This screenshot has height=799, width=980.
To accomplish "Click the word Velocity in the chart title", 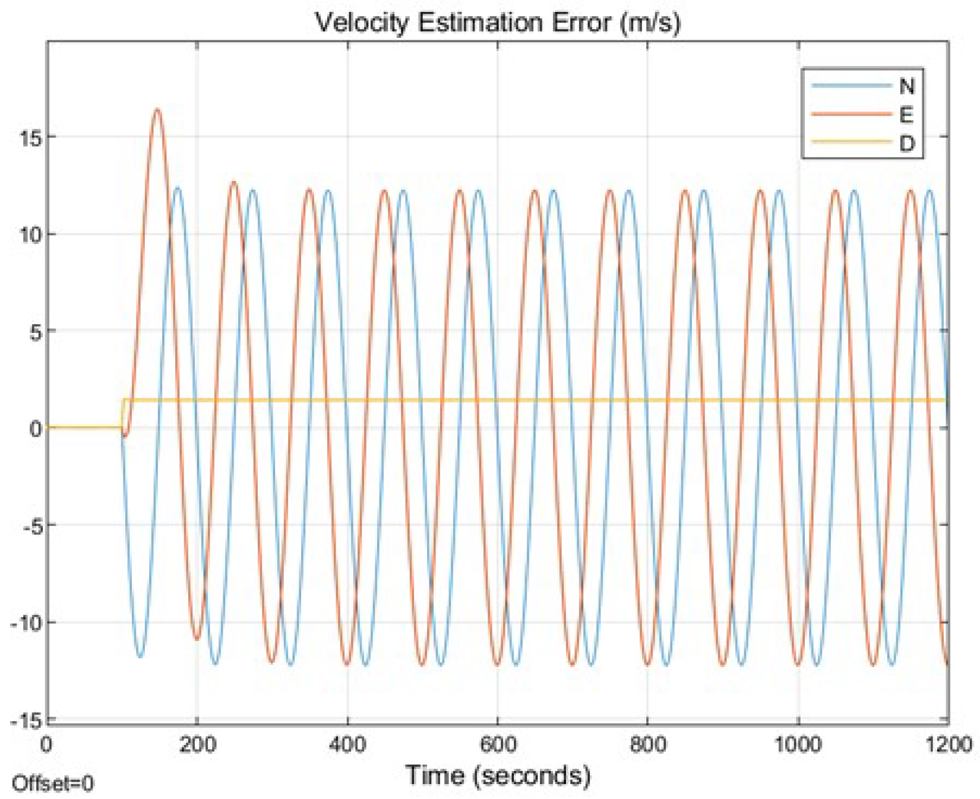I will click(x=362, y=23).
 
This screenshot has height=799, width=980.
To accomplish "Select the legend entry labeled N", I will click(x=906, y=87).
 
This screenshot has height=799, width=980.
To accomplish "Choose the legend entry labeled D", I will click(x=906, y=143).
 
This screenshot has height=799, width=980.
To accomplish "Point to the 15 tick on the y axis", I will click(x=30, y=138).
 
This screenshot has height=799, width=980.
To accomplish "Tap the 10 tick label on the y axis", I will click(x=30, y=235).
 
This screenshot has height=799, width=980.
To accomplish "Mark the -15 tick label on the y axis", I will click(x=26, y=721).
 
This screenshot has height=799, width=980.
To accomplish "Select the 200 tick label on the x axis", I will click(x=197, y=744).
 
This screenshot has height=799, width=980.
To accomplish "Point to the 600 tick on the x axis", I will click(x=498, y=744).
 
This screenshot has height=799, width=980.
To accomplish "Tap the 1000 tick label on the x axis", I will click(x=798, y=744).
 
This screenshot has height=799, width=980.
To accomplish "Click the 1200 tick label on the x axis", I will click(x=948, y=744).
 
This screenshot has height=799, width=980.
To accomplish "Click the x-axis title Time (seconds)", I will click(x=498, y=775).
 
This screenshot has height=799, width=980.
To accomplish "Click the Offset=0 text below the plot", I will click(x=53, y=784).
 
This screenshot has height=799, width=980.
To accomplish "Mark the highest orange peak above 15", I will click(x=157, y=109).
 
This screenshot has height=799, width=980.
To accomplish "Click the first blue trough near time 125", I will click(x=140, y=657).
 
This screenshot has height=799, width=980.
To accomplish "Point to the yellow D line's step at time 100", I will click(x=122, y=413).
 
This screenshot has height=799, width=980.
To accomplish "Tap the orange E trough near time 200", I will click(x=197, y=639).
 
